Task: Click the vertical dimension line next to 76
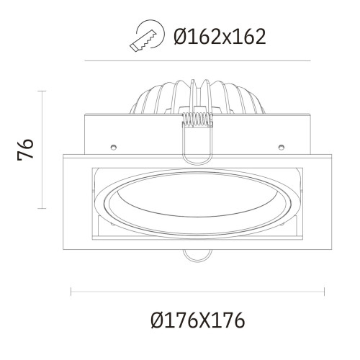(x=43, y=149)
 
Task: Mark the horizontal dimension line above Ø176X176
(x=197, y=292)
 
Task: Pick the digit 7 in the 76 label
(x=25, y=158)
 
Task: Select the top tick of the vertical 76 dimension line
(x=43, y=91)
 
